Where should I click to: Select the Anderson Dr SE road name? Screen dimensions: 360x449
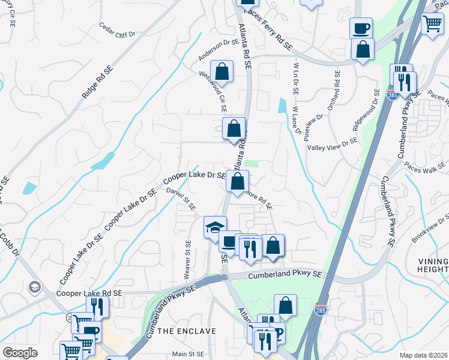[219, 50]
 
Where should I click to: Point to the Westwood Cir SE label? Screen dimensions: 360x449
[214, 92]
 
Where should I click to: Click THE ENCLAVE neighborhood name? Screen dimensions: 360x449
[187, 331]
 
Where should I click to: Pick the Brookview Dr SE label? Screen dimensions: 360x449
[430, 230]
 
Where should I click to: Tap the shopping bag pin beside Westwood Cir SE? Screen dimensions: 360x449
[222, 71]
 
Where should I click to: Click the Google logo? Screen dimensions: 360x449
[20, 353]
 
